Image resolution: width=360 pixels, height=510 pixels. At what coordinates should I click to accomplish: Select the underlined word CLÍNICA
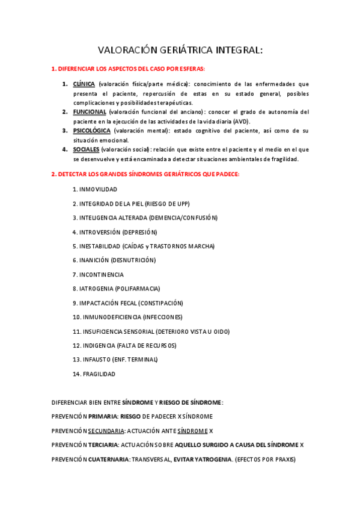pos(84,84)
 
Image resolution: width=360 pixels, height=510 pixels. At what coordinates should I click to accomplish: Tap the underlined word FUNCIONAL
pos(90,112)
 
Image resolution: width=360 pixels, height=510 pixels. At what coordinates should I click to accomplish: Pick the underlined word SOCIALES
pos(87,149)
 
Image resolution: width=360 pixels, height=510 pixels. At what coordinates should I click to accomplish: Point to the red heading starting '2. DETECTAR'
pos(145,174)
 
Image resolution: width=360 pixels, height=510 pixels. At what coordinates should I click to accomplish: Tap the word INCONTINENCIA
pos(102,274)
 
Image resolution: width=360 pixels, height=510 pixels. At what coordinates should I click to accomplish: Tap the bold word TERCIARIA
pos(103,444)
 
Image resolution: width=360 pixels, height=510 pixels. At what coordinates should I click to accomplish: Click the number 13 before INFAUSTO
pos(76,360)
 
